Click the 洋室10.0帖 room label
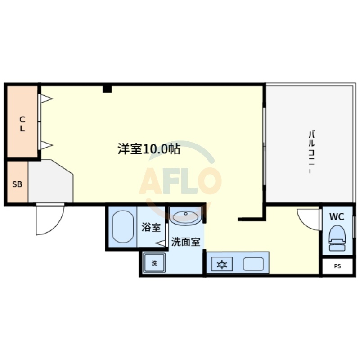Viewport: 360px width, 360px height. (x=149, y=149)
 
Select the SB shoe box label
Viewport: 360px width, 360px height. (x=17, y=184)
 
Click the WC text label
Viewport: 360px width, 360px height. (x=337, y=216)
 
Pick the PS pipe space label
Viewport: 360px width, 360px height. (x=337, y=266)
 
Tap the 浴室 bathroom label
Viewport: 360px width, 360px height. (x=151, y=227)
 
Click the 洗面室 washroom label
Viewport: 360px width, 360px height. (x=185, y=242)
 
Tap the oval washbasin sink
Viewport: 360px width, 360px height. (x=185, y=217)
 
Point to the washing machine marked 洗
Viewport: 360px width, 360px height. (x=154, y=263)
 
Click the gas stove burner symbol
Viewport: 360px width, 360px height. (x=222, y=264)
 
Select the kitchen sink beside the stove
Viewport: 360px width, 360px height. (x=253, y=264)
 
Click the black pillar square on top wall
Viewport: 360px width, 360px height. (x=107, y=89)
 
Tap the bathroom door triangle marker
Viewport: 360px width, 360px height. (x=161, y=243)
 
